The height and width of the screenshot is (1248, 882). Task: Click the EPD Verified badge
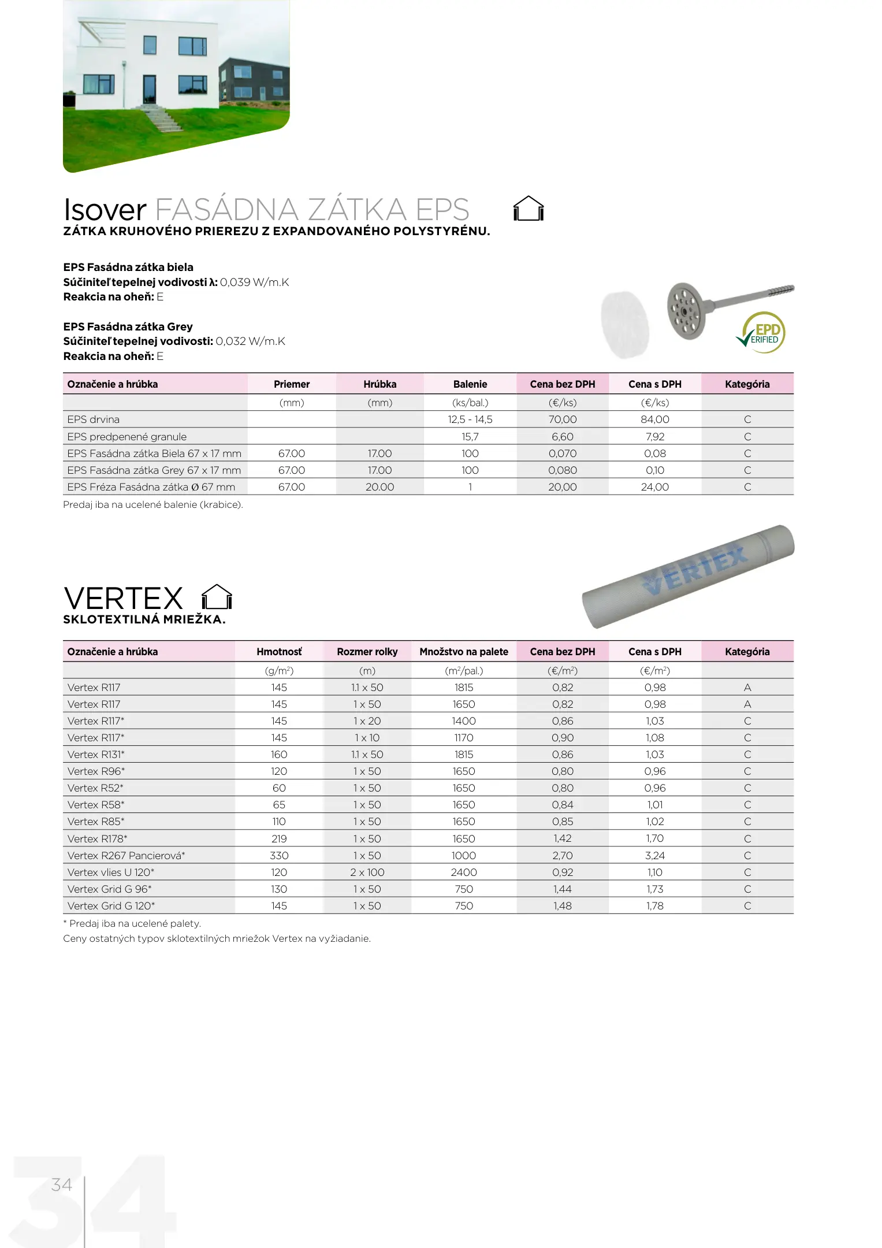click(762, 333)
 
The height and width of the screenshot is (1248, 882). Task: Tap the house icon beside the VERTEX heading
click(217, 597)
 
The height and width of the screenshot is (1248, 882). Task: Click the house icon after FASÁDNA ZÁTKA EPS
click(529, 209)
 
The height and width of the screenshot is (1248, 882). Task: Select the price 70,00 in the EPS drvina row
click(563, 419)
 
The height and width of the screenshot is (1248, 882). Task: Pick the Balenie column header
click(470, 384)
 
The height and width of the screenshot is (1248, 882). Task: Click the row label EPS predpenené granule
click(127, 437)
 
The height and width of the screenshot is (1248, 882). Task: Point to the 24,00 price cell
click(655, 487)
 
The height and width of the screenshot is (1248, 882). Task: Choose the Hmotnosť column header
click(279, 652)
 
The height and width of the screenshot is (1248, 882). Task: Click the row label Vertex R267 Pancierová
click(126, 856)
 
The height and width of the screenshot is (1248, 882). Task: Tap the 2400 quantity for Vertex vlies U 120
click(464, 872)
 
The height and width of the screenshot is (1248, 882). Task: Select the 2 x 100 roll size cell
click(367, 872)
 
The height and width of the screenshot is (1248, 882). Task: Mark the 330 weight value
click(279, 856)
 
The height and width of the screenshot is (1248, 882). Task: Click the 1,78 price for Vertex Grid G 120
click(655, 906)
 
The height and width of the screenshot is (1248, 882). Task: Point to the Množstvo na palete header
click(464, 652)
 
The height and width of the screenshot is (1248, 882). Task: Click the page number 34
click(62, 1185)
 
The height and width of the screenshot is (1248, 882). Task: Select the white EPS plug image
click(625, 324)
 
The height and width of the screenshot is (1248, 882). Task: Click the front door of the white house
click(150, 89)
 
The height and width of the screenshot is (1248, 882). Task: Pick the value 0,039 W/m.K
click(254, 283)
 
